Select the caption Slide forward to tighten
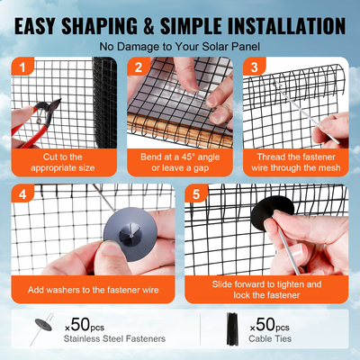point(266,289)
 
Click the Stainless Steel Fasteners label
point(115,340)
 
